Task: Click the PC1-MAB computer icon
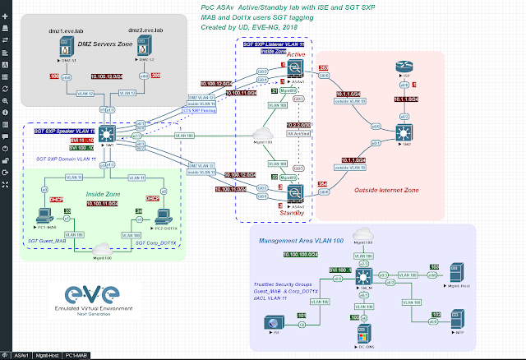pos(43,217)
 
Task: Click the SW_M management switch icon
pos(364,279)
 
